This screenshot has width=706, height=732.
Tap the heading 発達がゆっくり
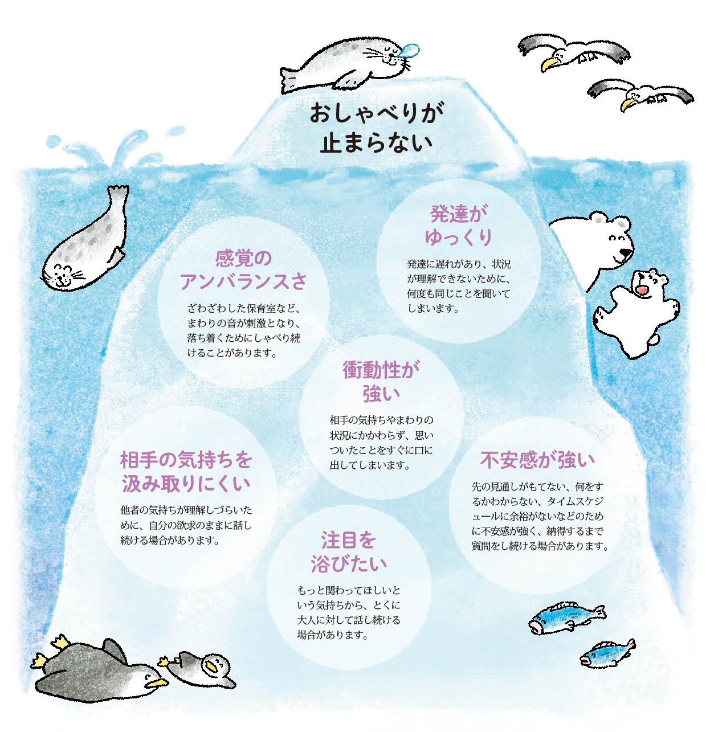458,226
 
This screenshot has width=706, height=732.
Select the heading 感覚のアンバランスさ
243,270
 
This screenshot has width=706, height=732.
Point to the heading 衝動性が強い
381,382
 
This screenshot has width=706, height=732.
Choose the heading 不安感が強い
537,460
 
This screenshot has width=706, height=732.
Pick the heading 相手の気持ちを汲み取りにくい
186,472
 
